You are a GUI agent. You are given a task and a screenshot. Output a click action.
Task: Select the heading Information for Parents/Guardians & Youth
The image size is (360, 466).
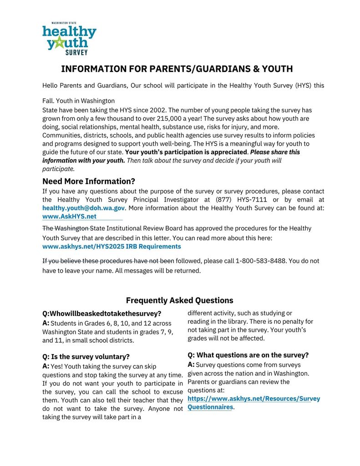(177, 69)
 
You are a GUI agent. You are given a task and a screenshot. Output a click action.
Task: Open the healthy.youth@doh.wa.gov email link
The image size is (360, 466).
(83, 208)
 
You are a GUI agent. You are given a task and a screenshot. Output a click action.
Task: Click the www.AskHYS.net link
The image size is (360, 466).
(69, 217)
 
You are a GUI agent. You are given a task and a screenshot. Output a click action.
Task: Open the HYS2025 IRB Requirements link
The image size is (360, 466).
(112, 246)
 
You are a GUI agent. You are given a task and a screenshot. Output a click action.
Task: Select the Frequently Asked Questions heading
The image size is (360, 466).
(179, 300)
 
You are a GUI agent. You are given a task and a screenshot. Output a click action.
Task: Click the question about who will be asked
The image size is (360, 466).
(101, 314)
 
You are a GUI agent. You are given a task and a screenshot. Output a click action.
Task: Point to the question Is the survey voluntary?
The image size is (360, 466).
(86, 356)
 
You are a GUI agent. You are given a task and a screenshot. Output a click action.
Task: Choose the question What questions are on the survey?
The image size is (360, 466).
(248, 355)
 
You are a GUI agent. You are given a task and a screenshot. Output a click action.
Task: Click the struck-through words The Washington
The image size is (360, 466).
(67, 228)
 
